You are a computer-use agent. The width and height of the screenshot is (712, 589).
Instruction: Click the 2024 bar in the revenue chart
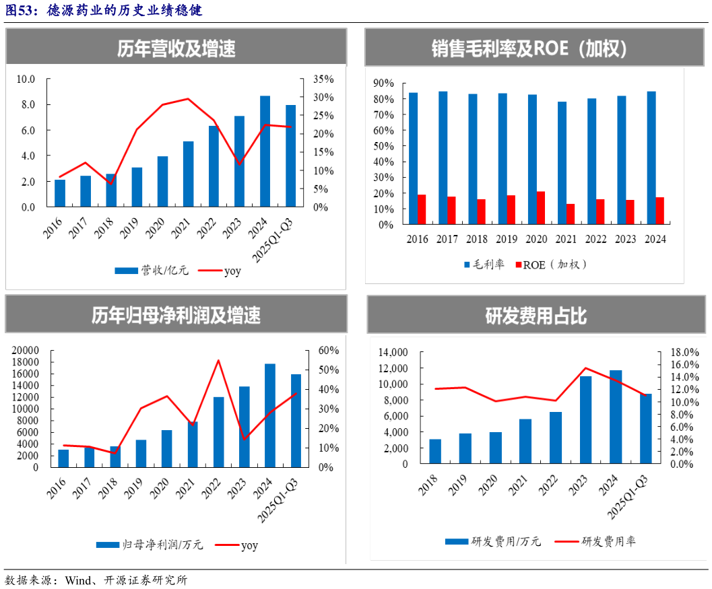(x=265, y=151)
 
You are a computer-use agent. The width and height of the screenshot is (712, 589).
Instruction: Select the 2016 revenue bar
(x=60, y=193)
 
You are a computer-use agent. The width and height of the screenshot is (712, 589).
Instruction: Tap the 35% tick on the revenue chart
(x=323, y=79)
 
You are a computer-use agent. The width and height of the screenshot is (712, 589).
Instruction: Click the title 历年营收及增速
(x=176, y=48)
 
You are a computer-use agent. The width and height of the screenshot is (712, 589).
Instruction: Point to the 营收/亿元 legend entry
(x=152, y=271)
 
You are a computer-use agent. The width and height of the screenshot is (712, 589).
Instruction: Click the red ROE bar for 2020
(x=541, y=208)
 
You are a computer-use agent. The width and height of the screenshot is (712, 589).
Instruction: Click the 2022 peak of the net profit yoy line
(x=218, y=360)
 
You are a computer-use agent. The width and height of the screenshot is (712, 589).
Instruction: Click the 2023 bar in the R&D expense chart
(x=586, y=420)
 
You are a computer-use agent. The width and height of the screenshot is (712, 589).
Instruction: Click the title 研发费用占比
(x=536, y=315)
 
